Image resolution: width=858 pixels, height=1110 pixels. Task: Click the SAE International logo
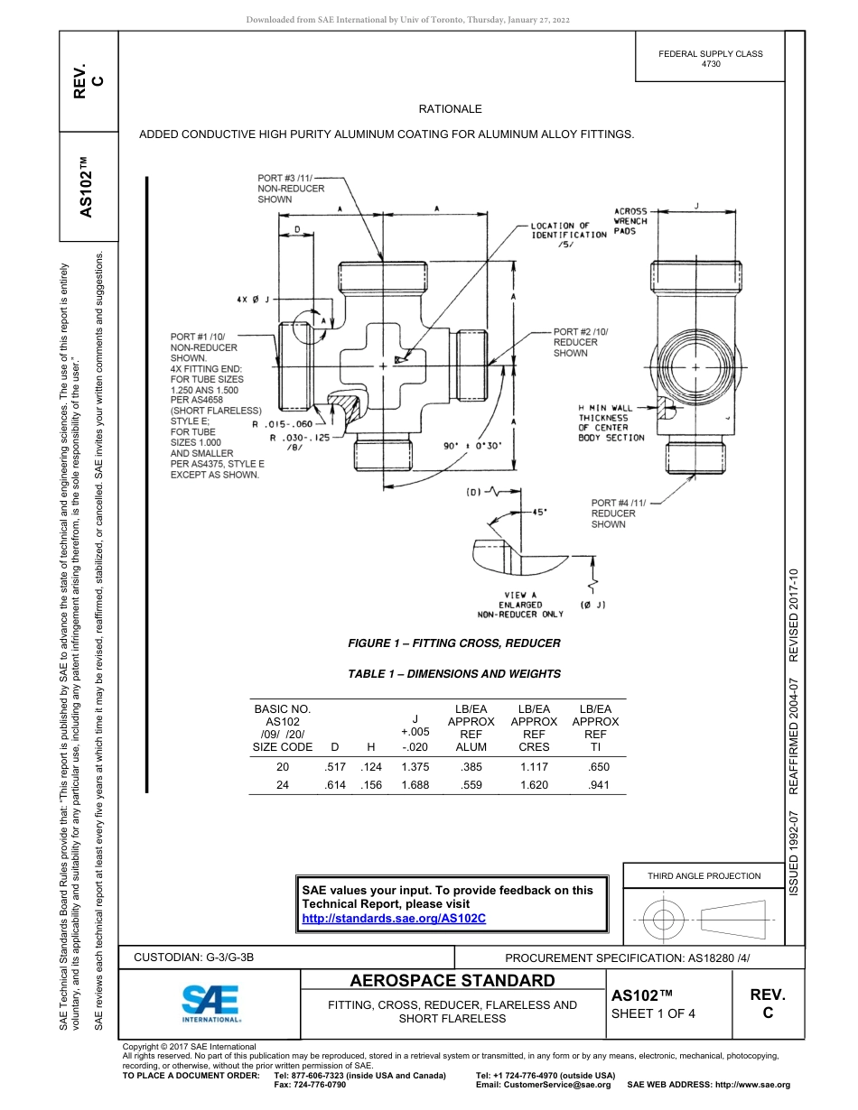click(211, 1003)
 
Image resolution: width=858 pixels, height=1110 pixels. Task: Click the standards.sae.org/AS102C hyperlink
click(394, 918)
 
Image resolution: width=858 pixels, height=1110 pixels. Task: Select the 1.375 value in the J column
click(415, 767)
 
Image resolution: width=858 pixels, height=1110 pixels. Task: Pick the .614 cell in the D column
click(334, 785)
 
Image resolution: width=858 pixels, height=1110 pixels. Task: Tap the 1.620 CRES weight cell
click(534, 785)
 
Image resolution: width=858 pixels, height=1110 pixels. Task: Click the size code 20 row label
click(282, 767)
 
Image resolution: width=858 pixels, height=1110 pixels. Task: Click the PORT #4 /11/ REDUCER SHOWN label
click(613, 513)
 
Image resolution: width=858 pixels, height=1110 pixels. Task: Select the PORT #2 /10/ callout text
click(580, 342)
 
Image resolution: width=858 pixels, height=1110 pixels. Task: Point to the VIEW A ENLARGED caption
click(520, 605)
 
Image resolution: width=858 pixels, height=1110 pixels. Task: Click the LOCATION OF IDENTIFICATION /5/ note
click(568, 235)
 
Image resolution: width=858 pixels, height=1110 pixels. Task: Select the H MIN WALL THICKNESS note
click(611, 423)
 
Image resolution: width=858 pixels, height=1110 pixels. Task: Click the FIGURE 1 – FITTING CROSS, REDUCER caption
click(454, 643)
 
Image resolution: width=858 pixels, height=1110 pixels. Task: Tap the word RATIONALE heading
click(450, 109)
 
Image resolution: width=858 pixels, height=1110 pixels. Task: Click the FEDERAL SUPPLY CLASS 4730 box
click(710, 59)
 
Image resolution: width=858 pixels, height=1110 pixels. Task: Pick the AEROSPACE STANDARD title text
click(452, 981)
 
